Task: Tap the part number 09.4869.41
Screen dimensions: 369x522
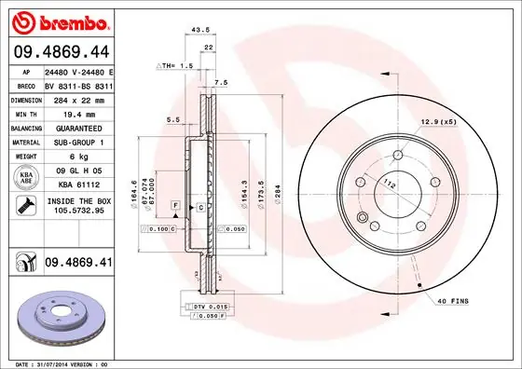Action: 76,264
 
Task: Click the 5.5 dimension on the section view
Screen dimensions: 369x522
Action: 173,120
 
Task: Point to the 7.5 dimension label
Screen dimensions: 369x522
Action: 220,83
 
